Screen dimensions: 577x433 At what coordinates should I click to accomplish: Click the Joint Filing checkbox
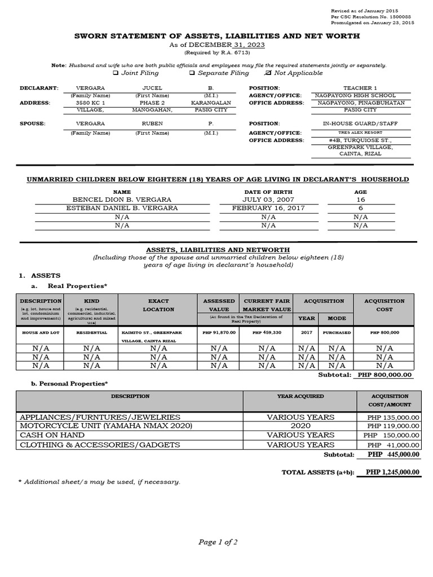(x=116, y=73)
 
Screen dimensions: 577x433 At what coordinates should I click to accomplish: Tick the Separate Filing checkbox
(x=192, y=73)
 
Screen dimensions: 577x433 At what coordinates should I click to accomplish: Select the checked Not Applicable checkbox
(x=268, y=73)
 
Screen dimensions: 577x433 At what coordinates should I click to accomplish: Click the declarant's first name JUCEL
(x=152, y=88)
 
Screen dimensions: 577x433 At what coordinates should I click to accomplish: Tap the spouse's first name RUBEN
(x=152, y=123)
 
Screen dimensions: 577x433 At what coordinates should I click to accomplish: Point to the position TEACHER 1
(x=360, y=88)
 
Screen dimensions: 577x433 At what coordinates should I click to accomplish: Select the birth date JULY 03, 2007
(x=268, y=200)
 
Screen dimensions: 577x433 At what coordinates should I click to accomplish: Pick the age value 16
(x=360, y=200)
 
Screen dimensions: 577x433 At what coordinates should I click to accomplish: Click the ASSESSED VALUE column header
(x=219, y=305)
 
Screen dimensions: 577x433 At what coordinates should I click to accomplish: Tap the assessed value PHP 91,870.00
(x=219, y=333)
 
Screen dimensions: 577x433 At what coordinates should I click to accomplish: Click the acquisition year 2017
(x=306, y=333)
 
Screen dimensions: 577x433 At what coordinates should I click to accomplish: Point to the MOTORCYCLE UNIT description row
(x=106, y=426)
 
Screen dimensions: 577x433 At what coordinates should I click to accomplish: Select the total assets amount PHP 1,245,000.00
(x=392, y=472)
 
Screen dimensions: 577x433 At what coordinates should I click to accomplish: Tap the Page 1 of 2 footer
(x=218, y=542)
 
